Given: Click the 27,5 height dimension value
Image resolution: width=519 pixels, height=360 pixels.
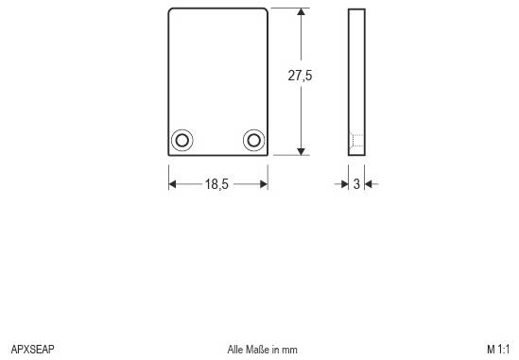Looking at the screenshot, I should point(300,77).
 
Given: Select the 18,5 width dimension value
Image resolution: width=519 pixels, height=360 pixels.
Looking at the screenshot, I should point(216,184).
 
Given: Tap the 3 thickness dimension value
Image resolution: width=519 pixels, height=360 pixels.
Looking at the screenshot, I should point(356,184).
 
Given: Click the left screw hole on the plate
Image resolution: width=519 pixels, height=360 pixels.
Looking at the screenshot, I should point(182,140).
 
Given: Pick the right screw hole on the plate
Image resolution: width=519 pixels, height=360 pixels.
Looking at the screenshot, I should point(253,140).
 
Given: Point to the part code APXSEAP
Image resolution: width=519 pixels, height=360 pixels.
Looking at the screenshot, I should point(32,350).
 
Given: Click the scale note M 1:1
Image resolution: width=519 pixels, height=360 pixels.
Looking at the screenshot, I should point(498,350).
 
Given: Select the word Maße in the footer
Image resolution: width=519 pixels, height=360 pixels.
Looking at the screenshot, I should point(258,350).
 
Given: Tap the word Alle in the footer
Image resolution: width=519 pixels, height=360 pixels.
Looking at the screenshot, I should point(235,350).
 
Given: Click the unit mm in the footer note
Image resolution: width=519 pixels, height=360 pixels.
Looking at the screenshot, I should point(290,350).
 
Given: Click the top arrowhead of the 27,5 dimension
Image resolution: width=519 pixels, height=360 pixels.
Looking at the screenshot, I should point(301,14).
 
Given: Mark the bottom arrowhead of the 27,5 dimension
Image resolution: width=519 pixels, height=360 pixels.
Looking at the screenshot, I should point(301,148).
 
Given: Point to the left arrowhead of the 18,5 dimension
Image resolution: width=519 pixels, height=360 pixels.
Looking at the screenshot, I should point(173,184).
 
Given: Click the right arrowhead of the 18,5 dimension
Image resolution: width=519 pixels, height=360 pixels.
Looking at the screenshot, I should point(263,184).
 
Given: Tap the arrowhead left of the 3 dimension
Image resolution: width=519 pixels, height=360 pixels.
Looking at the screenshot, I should point(345,184).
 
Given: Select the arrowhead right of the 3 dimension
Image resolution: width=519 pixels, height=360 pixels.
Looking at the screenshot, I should point(369,184).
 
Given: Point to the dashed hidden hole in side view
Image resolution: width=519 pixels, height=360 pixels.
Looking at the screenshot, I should point(356,141).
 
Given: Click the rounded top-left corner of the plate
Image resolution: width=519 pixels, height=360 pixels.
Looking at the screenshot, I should point(171,11).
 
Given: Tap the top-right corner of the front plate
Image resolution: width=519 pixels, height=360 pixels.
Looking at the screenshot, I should point(268,9).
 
